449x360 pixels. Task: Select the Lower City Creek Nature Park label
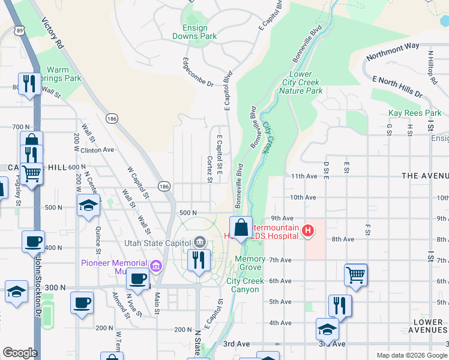pyautogui.click(x=300, y=82)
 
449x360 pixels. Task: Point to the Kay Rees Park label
pyautogui.click(x=414, y=113)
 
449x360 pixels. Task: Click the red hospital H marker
pyautogui.click(x=308, y=230)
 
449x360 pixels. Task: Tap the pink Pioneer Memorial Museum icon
pyautogui.click(x=156, y=265)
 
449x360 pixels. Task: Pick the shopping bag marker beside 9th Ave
pyautogui.click(x=241, y=228)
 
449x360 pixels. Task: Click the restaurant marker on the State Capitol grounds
pyautogui.click(x=196, y=260)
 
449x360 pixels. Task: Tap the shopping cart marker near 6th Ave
pyautogui.click(x=356, y=275)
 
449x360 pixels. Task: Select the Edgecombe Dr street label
pyautogui.click(x=198, y=72)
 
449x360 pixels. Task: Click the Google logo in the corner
pyautogui.click(x=20, y=353)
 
